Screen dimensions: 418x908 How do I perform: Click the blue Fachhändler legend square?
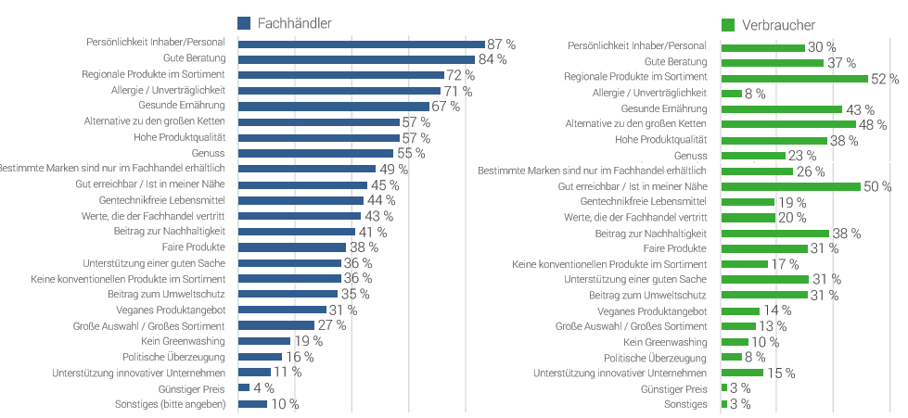point(245,23)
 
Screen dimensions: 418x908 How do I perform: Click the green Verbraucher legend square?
point(728,25)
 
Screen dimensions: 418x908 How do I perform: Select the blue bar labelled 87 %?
point(362,44)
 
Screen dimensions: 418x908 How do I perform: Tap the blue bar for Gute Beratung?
point(357,59)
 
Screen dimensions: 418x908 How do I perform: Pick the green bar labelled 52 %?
point(795,79)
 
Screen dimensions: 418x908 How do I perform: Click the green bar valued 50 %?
point(791,186)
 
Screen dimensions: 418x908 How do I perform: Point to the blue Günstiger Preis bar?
point(244,387)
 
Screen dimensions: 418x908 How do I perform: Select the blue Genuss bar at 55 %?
point(316,153)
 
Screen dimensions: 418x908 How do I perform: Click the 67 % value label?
point(446,107)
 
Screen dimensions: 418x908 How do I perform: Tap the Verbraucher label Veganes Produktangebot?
point(653,310)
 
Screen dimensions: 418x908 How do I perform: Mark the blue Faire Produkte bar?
point(292,247)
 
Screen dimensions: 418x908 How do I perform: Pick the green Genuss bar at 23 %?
point(753,156)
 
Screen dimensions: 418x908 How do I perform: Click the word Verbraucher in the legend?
point(779,25)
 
